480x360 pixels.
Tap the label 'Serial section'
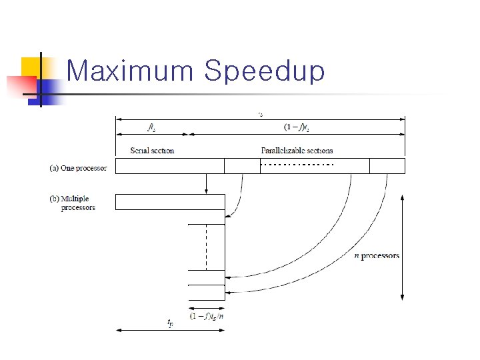click(x=152, y=151)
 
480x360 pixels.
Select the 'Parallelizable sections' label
click(x=297, y=151)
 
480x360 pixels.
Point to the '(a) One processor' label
click(x=78, y=168)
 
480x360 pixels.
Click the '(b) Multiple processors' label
click(x=79, y=203)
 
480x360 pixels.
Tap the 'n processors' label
click(x=377, y=255)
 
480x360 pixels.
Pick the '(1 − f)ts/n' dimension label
click(x=207, y=317)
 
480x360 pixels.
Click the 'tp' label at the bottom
click(x=171, y=323)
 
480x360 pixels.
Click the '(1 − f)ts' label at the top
click(x=297, y=127)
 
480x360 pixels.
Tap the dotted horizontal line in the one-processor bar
click(x=297, y=165)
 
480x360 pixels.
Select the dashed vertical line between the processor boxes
click(x=206, y=247)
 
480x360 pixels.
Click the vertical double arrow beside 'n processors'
click(x=402, y=247)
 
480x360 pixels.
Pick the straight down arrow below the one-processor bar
click(x=207, y=183)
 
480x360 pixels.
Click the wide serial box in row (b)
click(x=170, y=202)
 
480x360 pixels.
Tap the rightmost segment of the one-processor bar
click(x=387, y=166)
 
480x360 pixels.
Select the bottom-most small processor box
click(x=207, y=293)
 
